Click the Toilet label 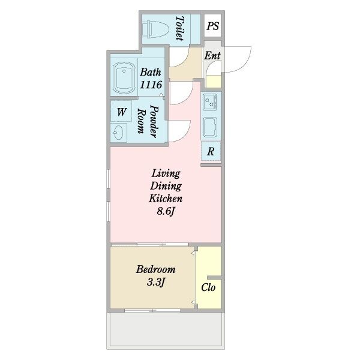tap(180, 28)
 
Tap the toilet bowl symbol tap(155, 29)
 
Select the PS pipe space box tap(213, 25)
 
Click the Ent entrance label tap(212, 56)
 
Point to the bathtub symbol tap(124, 78)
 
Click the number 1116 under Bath tap(151, 85)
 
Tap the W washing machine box tap(121, 112)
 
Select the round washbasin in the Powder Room tap(118, 133)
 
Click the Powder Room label tap(148, 121)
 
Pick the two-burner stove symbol tap(210, 102)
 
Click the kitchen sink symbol tap(210, 127)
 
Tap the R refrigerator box tap(211, 151)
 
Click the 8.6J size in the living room tap(166, 211)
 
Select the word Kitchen tap(166, 199)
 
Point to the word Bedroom tap(155, 269)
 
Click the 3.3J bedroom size tap(156, 282)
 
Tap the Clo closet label tap(208, 287)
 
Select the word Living tap(166, 173)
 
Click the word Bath tap(151, 72)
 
